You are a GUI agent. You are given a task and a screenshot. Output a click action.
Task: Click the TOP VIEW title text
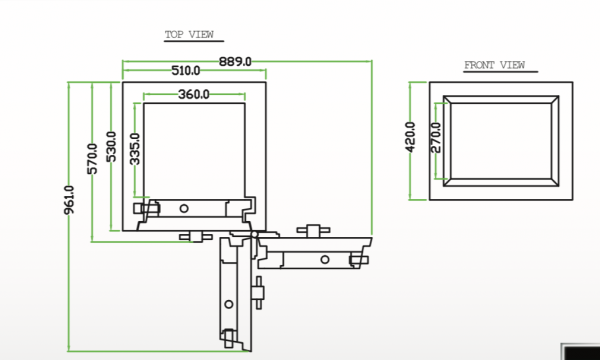click(189, 35)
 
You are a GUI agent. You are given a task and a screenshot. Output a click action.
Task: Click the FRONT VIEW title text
click(494, 65)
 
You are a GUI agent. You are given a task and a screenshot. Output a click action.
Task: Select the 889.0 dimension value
click(235, 62)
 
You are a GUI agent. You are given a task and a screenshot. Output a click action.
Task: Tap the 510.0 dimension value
click(186, 71)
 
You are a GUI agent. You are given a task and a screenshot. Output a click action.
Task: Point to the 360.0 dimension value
click(193, 95)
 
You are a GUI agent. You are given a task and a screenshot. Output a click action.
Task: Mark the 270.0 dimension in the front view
click(435, 136)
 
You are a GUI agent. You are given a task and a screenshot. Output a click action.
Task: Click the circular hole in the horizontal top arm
click(184, 208)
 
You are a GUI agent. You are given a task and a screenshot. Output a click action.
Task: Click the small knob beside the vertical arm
click(260, 292)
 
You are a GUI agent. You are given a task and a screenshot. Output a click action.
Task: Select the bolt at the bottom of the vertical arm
click(231, 336)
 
